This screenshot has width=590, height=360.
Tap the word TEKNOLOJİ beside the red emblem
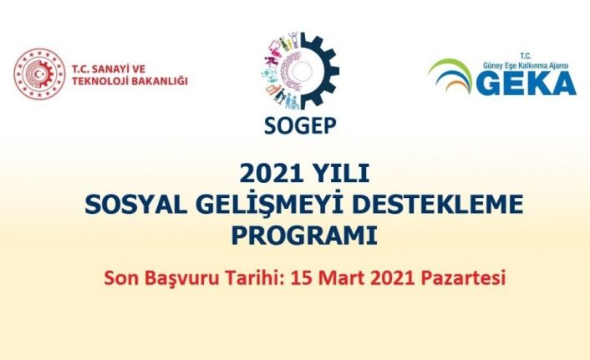click(x=104, y=81)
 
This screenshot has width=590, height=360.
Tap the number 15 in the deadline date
click(x=302, y=276)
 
